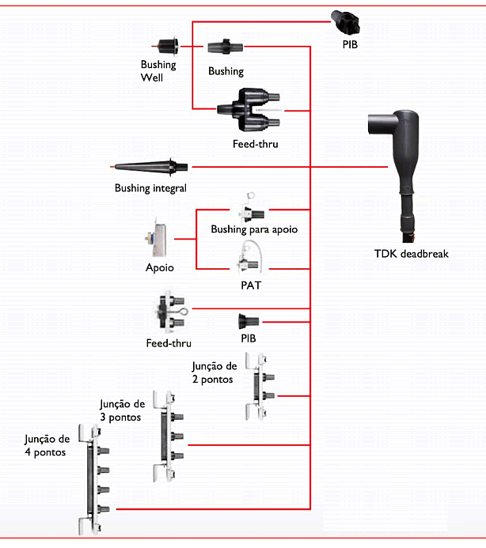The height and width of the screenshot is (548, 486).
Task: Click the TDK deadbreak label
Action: [411, 254]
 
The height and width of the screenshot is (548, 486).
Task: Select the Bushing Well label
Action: [158, 71]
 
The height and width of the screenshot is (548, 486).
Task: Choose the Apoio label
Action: [160, 267]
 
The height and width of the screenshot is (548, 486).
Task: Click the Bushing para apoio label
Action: [254, 229]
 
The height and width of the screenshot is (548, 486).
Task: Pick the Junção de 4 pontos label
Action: [47, 446]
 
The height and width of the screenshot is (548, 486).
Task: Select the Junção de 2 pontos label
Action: [215, 372]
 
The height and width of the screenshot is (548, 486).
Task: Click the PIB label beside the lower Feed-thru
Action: [249, 338]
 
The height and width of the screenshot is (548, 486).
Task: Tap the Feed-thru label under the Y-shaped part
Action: [255, 144]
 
